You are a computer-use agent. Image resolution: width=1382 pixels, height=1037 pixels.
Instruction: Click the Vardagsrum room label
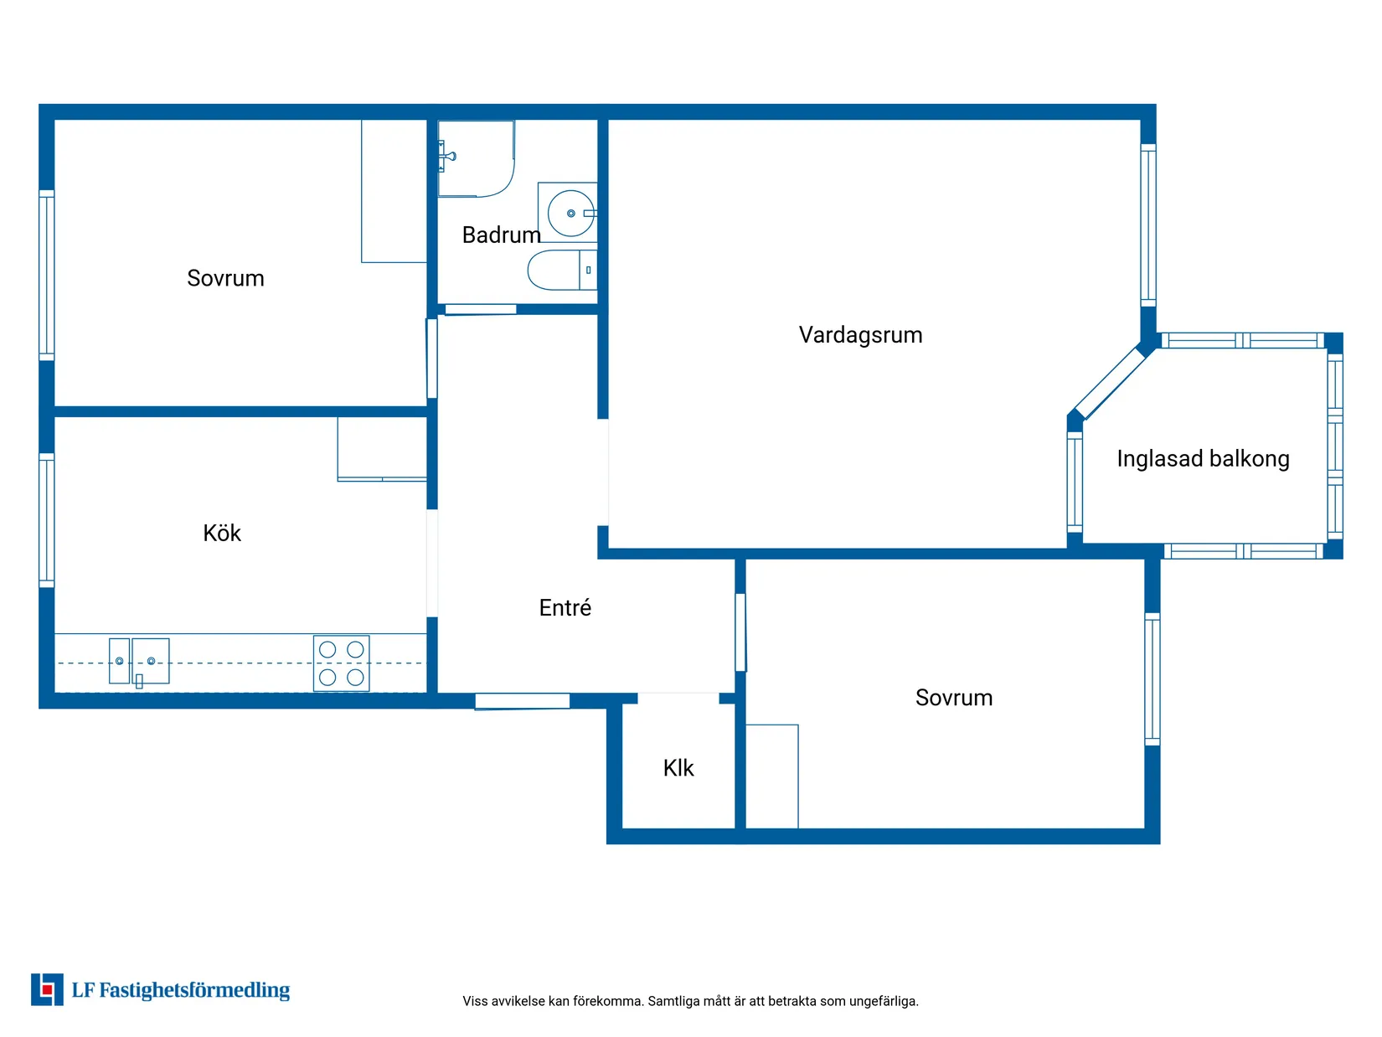[x=860, y=335]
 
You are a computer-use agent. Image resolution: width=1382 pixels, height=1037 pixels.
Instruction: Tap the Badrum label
[x=501, y=235]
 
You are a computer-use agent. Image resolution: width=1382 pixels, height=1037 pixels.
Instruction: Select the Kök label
[x=222, y=533]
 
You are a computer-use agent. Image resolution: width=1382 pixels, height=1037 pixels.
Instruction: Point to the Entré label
[x=565, y=607]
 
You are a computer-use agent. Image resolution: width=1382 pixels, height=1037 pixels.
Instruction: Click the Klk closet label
[x=678, y=767]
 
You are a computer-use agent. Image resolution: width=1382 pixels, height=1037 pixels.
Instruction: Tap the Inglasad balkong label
[x=1203, y=459]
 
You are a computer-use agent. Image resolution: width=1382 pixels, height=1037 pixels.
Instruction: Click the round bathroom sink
[x=570, y=214]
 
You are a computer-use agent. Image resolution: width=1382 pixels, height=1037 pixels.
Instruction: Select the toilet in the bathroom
[x=562, y=270]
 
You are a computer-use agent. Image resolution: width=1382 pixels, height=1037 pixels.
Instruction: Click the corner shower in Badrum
[x=476, y=158]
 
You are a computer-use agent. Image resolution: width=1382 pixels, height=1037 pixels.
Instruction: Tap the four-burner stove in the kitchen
[x=341, y=663]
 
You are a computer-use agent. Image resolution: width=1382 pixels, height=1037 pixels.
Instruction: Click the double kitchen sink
[x=139, y=661]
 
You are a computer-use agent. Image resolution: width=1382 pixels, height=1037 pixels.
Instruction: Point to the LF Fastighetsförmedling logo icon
[x=47, y=990]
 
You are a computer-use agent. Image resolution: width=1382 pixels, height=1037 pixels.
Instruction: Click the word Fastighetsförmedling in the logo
[x=194, y=990]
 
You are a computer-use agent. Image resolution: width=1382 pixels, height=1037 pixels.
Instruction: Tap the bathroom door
[x=481, y=309]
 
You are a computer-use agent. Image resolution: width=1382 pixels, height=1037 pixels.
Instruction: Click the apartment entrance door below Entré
[x=522, y=700]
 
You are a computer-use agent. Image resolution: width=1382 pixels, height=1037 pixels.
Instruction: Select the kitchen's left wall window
[x=47, y=521]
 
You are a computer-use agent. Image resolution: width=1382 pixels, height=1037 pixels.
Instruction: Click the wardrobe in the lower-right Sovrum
[x=772, y=776]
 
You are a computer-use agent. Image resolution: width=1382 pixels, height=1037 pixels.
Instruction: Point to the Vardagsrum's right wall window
[x=1147, y=225]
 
